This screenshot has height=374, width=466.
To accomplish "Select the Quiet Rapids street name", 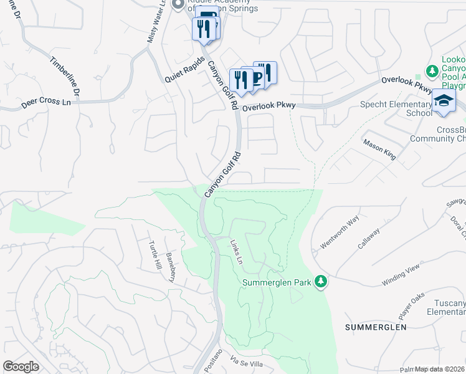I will click(184, 72).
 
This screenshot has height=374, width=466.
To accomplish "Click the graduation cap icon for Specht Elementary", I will click(444, 101).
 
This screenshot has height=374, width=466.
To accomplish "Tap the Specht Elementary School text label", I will click(396, 108).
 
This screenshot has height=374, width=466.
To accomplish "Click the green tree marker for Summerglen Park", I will click(321, 282).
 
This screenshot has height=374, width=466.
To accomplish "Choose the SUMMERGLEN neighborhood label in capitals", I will click(376, 327).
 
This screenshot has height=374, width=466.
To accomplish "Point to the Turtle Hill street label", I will click(154, 255).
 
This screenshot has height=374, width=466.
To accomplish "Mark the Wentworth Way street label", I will click(340, 232).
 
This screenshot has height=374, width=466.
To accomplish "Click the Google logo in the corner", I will click(21, 367).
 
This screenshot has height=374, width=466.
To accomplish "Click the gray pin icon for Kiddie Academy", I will click(177, 5).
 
